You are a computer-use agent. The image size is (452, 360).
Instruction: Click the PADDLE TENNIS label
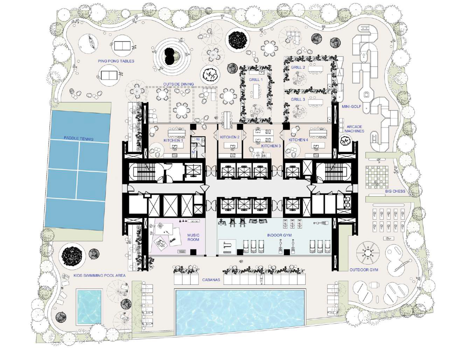[79, 138]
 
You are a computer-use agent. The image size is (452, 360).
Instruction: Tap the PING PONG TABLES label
[116, 61]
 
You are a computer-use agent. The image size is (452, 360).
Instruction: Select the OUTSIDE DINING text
[178, 84]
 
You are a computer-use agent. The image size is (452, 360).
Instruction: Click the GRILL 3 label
[298, 99]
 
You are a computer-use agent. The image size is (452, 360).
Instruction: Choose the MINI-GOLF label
[351, 107]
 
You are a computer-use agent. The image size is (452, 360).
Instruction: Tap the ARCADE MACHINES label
[354, 129]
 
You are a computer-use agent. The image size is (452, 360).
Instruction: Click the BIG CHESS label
[395, 191]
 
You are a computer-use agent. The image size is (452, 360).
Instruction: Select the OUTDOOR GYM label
[364, 270]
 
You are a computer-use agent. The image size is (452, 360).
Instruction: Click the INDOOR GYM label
[279, 235]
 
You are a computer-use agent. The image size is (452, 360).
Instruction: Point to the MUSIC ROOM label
[193, 237]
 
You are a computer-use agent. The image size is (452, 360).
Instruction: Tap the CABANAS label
[211, 280]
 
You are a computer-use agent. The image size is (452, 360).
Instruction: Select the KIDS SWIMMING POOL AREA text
[100, 275]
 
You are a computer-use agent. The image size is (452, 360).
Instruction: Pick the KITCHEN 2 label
[230, 137]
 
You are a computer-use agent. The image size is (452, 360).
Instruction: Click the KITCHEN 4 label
[298, 139]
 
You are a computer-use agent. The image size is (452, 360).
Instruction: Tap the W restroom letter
[198, 139]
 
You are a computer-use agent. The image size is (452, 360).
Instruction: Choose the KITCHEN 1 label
[173, 140]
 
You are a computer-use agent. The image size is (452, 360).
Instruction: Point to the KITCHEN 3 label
[271, 146]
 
